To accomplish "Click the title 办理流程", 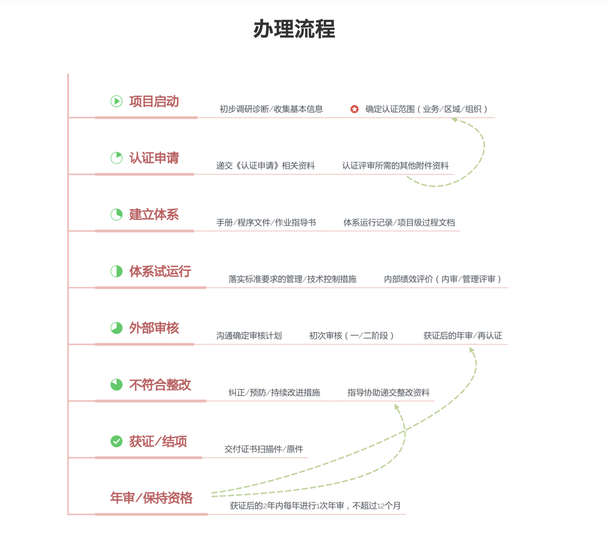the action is click(x=294, y=29).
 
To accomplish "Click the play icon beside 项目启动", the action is click(x=117, y=101).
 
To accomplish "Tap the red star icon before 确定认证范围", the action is click(x=354, y=109).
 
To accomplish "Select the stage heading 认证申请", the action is click(x=154, y=158).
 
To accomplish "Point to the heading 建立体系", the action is click(x=154, y=215).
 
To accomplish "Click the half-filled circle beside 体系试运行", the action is click(x=117, y=271).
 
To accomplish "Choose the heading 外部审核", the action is click(x=154, y=328).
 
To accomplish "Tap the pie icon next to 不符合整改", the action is click(x=117, y=385).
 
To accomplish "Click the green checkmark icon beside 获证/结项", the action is click(x=117, y=441).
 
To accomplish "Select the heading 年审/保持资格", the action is click(x=151, y=498).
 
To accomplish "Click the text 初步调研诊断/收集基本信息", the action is click(x=271, y=109).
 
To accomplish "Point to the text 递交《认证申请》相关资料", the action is click(x=266, y=166).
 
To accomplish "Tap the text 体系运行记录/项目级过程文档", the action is click(x=399, y=223).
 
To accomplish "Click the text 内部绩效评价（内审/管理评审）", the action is click(x=443, y=279).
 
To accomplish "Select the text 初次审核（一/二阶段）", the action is click(x=352, y=336).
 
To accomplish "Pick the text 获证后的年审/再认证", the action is click(x=463, y=336).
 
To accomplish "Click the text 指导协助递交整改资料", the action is click(x=388, y=392).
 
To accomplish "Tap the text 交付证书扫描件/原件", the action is click(x=264, y=449).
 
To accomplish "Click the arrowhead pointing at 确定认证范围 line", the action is click(x=455, y=120).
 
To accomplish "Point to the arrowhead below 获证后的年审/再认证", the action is click(x=471, y=350).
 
